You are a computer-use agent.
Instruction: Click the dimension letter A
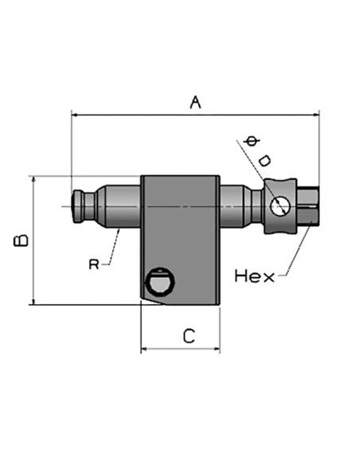tap(195, 102)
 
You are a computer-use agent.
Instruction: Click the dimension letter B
tap(22, 240)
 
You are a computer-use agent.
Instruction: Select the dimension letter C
tap(189, 336)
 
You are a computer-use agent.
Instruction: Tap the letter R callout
tap(94, 264)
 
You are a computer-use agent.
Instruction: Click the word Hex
tap(254, 276)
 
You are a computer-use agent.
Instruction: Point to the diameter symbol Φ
tap(252, 141)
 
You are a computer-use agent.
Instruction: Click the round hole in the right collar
tap(280, 205)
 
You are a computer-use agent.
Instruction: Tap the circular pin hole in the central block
tap(160, 281)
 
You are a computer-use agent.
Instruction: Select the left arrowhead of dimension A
tap(75, 115)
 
